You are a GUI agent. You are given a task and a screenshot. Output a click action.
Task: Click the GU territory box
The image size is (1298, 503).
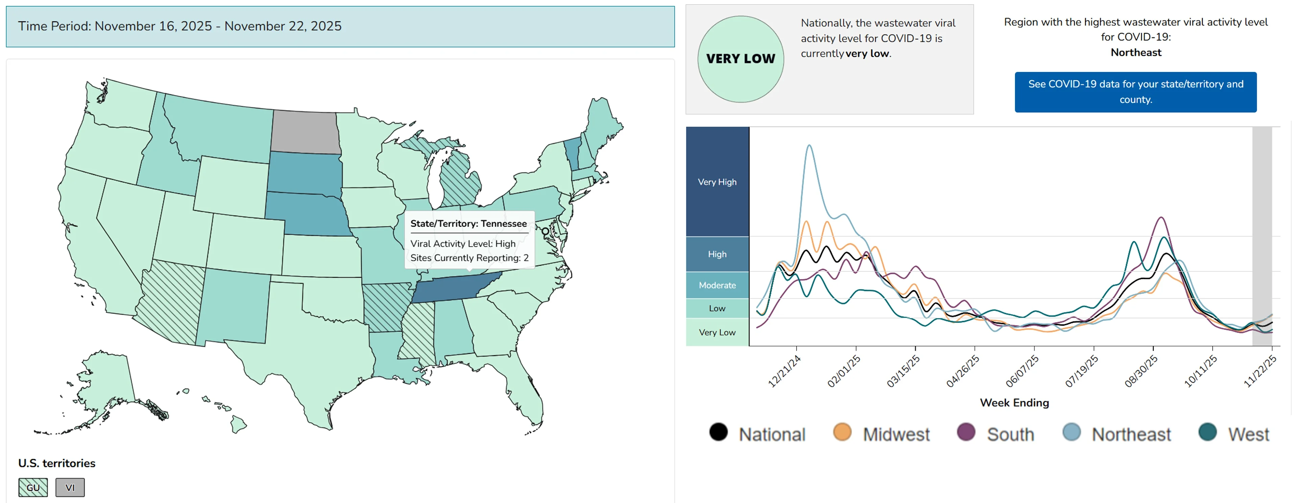(x=33, y=487)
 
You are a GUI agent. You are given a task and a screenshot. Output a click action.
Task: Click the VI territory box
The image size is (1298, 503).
(x=70, y=487)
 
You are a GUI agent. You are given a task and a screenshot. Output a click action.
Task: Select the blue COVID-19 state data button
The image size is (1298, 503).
(x=1135, y=92)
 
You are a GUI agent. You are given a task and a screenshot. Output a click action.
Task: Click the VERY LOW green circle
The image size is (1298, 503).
(x=740, y=59)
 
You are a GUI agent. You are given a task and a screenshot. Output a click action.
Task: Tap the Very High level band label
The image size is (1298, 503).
(x=717, y=182)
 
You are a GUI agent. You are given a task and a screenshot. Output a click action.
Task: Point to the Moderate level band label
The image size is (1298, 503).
(x=717, y=285)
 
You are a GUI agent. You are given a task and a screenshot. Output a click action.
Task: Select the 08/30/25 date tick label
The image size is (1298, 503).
(x=1141, y=371)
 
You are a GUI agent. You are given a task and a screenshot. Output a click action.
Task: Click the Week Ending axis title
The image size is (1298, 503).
(x=1014, y=403)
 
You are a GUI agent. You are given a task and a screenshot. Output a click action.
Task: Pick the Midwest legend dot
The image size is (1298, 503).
(x=842, y=432)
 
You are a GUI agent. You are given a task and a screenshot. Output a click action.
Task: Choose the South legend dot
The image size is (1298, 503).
(x=966, y=432)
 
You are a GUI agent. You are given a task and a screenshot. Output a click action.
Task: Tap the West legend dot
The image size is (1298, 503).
(x=1207, y=432)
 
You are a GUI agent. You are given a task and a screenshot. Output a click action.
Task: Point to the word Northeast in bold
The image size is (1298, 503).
(x=1136, y=52)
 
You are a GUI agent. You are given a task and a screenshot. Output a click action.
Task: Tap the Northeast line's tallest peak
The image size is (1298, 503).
(x=809, y=146)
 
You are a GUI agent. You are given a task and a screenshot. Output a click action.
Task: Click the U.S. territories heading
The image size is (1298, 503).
(x=57, y=463)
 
